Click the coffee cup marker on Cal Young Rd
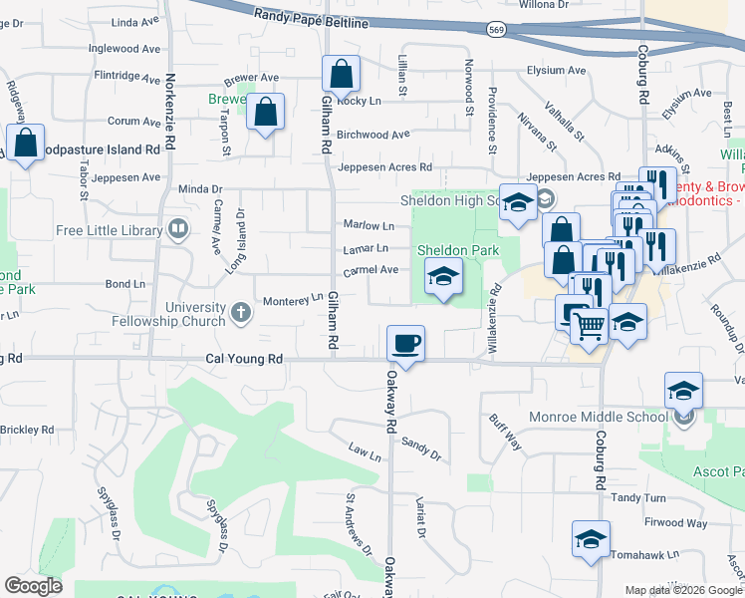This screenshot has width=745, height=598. click(405, 344)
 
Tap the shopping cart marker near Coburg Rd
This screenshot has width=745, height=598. click(590, 324)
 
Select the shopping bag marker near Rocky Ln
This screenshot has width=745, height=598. click(341, 74)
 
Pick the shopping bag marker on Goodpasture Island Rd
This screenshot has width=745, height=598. click(25, 142)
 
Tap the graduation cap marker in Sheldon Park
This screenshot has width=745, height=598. click(443, 276)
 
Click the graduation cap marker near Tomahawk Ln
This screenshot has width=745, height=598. click(591, 540)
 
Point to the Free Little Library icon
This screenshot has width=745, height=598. click(178, 230)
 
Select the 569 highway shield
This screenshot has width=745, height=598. click(495, 31)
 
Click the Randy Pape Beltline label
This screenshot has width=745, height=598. click(311, 18)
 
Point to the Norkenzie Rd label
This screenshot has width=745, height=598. click(169, 112)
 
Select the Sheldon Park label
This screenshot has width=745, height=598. click(457, 250)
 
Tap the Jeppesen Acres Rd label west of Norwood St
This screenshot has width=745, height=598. click(384, 167)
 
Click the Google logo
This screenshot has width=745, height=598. click(33, 586)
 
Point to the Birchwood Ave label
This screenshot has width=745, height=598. click(373, 135)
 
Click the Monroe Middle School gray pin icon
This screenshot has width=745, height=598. click(682, 420)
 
